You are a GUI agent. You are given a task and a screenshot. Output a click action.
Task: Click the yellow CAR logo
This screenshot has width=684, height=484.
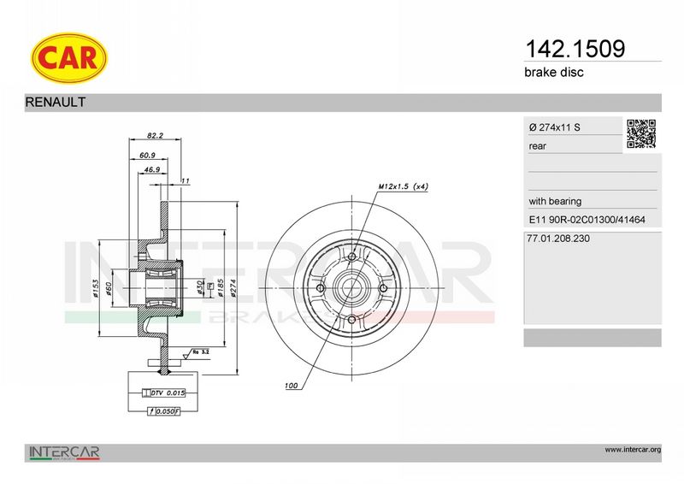69,57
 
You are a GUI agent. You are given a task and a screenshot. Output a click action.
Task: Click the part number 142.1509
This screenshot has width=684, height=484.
575,49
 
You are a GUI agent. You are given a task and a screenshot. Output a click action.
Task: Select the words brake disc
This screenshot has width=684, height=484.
553,72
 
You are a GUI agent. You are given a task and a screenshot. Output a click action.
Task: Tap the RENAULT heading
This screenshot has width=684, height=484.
56,102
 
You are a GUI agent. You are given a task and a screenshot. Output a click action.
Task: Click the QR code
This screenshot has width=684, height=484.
641,133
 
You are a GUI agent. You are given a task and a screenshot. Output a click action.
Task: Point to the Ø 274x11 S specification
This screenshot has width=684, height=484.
554,127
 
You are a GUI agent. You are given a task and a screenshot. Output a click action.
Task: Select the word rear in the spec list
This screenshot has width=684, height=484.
537,146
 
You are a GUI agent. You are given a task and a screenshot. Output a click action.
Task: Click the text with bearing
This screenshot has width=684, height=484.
555,201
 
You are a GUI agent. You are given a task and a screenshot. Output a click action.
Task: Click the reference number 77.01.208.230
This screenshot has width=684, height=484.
558,239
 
